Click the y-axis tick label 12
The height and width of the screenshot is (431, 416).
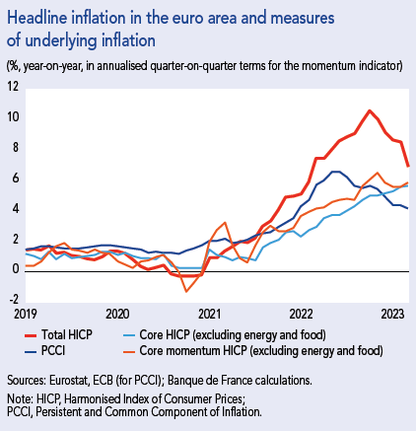pos(13,87)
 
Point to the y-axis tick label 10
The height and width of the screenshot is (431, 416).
pos(13,117)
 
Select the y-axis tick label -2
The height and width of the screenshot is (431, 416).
pos(13,299)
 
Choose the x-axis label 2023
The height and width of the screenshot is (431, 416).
pos(391,313)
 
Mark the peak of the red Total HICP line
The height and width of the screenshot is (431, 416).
pos(369,110)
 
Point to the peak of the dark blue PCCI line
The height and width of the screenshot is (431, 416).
pos(334,172)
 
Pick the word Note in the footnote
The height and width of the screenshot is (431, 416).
pos(18,397)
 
